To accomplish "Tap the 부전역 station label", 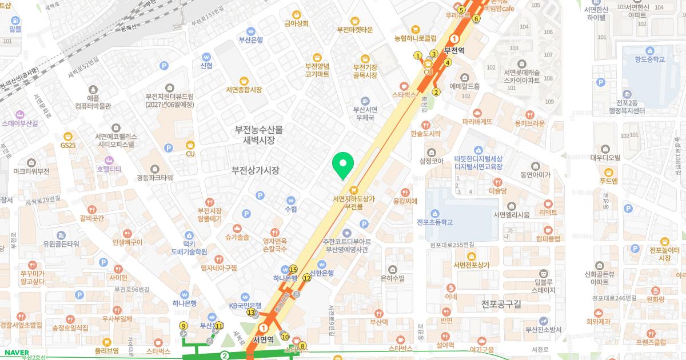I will [454, 50].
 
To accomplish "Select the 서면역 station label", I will [264, 338].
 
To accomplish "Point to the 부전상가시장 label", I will [256, 170].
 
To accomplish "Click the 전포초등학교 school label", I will [435, 222].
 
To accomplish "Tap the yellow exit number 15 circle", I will [293, 270].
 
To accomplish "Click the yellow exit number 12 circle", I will [307, 278].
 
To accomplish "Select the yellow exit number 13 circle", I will [251, 312].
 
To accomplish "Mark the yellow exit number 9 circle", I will [184, 326].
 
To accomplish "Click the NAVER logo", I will [13, 353].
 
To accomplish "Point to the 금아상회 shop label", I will [297, 23].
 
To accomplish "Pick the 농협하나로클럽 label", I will [416, 38].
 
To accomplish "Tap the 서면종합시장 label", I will [244, 90].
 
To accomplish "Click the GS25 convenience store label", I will [68, 145].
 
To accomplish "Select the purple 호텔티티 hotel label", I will [109, 169].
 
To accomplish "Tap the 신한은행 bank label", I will [322, 273].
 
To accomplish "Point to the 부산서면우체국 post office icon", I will [365, 101].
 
